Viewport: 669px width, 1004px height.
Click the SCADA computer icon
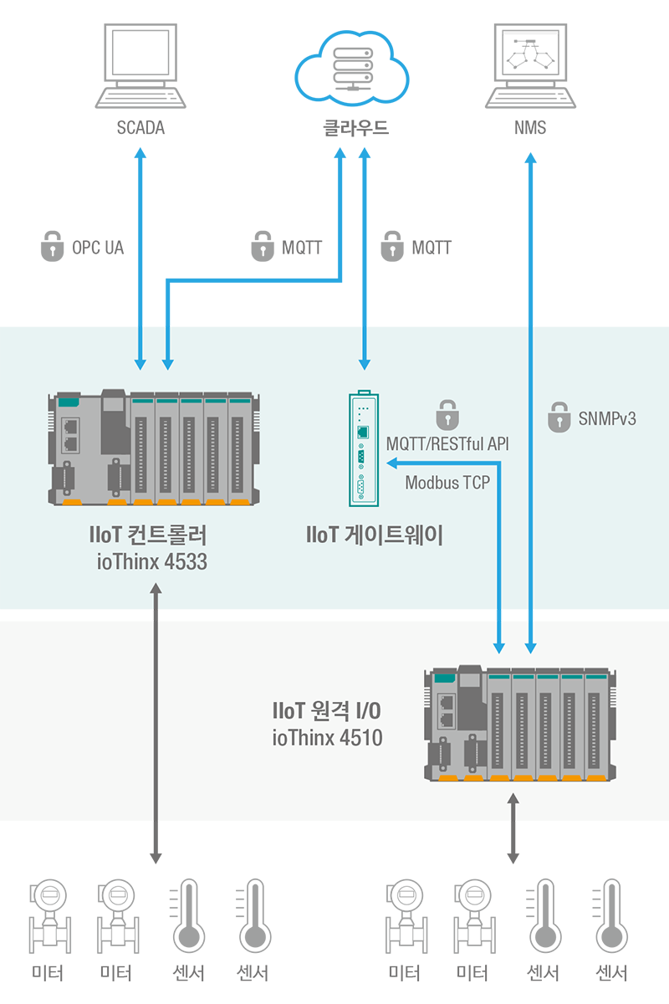tap(140, 66)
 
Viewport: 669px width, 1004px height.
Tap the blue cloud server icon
tap(352, 67)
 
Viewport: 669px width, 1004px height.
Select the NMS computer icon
tap(530, 66)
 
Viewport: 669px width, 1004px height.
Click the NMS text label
tap(530, 128)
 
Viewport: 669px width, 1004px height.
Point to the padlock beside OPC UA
tap(52, 246)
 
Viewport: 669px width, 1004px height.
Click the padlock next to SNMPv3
tap(559, 417)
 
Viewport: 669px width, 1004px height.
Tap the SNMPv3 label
tap(607, 418)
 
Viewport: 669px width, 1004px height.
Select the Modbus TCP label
tap(447, 483)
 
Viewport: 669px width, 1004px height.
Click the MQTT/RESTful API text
tap(447, 444)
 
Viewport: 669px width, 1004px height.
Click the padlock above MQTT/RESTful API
tap(447, 415)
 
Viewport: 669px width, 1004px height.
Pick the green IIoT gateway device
tap(364, 448)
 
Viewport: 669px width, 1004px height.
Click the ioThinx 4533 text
tap(152, 562)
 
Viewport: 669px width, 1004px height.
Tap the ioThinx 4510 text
tap(328, 738)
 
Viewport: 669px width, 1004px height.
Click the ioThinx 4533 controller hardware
tap(154, 448)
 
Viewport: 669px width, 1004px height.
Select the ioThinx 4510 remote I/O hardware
tap(520, 723)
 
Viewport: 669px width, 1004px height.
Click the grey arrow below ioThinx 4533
tap(156, 724)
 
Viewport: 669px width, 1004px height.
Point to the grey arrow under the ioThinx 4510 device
tap(513, 828)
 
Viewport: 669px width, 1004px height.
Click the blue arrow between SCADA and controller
tap(140, 259)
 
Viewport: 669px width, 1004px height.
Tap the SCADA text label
tap(140, 128)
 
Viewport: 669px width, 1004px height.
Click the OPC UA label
tap(98, 248)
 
